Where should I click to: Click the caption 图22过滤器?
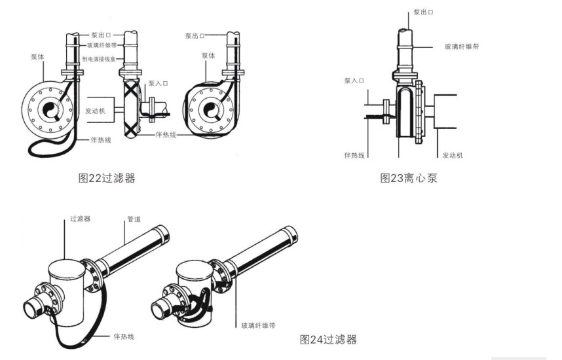[x=106, y=177]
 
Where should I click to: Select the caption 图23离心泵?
[x=409, y=177]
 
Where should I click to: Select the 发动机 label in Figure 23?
[x=453, y=155]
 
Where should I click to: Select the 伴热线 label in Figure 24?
[x=123, y=336]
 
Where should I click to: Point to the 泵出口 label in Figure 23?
[x=423, y=12]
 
